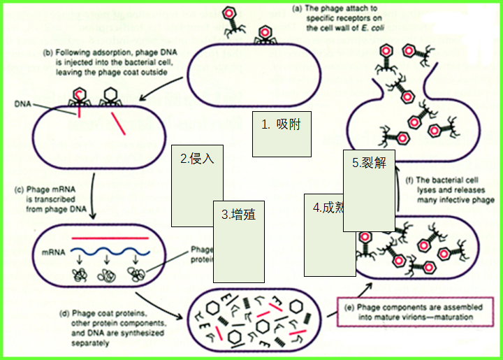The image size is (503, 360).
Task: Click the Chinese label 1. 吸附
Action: (281, 124)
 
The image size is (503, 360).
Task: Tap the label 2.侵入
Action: (196, 159)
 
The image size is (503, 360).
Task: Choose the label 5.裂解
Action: (369, 163)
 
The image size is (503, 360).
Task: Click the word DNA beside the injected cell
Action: (22, 103)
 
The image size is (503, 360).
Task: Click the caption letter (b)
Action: (48, 52)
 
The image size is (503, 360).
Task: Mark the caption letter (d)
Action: (67, 312)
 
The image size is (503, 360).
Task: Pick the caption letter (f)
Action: (410, 180)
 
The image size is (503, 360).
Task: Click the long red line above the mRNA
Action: (107, 239)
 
